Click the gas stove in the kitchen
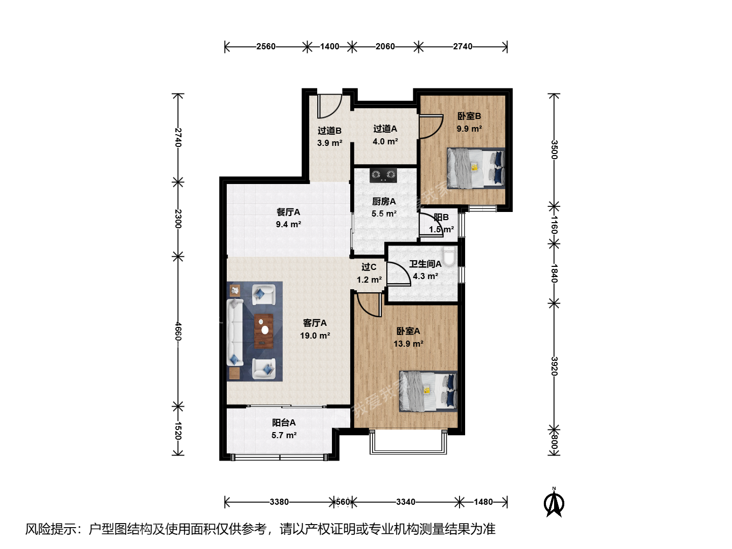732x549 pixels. tap(383, 175)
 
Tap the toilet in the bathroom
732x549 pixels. tap(449, 256)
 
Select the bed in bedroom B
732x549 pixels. tap(476, 168)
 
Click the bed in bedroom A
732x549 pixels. tap(428, 391)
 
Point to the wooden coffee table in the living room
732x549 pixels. tap(264, 331)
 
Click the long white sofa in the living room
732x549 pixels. tap(235, 332)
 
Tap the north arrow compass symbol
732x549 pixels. tap(554, 502)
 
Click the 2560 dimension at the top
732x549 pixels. tap(266, 47)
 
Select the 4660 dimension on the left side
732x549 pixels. tap(178, 331)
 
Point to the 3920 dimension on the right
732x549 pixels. tap(554, 366)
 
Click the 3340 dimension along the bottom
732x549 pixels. tap(406, 502)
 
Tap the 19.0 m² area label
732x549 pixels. tap(315, 335)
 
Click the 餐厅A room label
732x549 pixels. tap(288, 212)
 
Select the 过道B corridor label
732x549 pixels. tap(329, 131)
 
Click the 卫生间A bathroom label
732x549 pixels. tap(425, 264)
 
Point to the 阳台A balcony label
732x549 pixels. tap(284, 422)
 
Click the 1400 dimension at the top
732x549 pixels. tap(329, 47)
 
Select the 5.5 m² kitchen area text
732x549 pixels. tap(384, 213)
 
